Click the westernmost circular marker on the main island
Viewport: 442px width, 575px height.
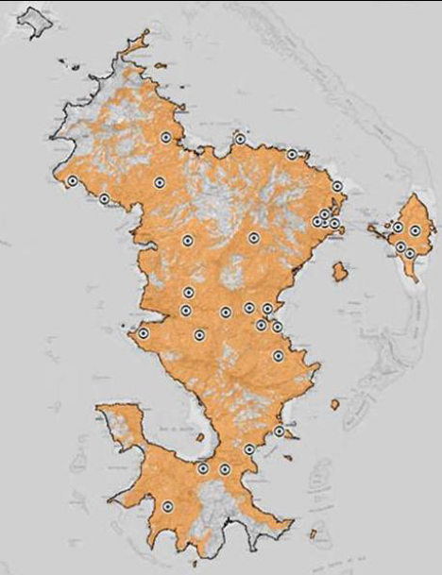click(72, 181)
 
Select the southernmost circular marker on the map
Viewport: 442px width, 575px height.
click(167, 507)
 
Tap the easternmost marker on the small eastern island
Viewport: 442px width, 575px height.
click(416, 230)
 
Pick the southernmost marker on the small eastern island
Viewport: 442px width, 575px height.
click(410, 254)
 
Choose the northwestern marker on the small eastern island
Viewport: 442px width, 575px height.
click(399, 228)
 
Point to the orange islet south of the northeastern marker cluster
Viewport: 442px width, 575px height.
click(340, 272)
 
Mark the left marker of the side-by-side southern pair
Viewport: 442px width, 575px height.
click(202, 468)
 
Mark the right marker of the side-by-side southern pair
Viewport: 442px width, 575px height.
click(225, 469)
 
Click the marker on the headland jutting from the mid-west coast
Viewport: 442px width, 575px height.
click(144, 333)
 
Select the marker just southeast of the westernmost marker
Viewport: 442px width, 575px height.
click(104, 198)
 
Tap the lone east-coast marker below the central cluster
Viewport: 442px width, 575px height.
click(279, 356)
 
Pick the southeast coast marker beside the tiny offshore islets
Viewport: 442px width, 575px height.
click(280, 431)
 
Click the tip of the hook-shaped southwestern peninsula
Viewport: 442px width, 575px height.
click(101, 409)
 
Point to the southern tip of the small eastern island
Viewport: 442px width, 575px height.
click(412, 278)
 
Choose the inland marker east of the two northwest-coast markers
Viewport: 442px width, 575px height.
click(159, 182)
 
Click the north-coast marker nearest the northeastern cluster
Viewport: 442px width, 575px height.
click(292, 154)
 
